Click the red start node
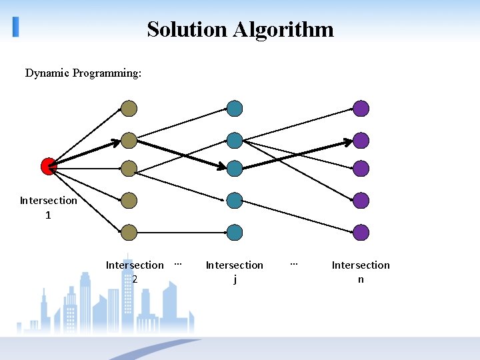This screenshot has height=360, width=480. point(48,166)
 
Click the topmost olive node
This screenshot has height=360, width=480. point(129,109)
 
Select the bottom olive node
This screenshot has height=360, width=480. point(129,233)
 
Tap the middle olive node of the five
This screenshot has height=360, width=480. point(129,168)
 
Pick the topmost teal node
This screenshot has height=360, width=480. point(234,109)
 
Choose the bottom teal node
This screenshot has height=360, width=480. point(234,233)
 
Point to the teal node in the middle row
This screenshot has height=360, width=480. point(234,168)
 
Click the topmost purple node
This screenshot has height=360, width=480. point(361,109)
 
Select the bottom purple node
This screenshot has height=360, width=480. point(361,233)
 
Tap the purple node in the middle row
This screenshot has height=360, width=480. point(361,168)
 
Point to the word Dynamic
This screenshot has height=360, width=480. point(47,73)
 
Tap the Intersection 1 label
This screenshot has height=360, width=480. point(48,207)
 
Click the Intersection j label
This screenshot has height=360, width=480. point(234,272)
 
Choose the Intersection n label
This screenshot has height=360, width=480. point(361,272)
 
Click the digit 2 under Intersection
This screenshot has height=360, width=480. point(135,279)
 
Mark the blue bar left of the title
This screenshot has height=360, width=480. point(16,27)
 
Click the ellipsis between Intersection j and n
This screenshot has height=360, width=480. point(293,264)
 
